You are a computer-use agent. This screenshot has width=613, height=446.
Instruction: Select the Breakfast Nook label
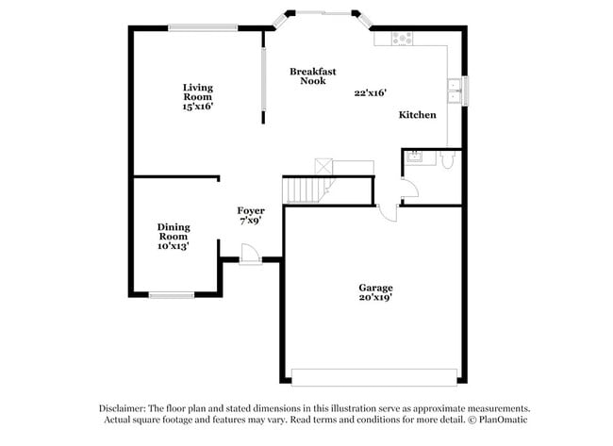point(313,76)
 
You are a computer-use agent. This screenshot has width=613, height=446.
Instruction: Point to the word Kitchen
point(418,115)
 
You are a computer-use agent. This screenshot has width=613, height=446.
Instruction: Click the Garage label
point(375,288)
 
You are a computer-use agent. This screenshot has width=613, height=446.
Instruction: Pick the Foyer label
point(250,210)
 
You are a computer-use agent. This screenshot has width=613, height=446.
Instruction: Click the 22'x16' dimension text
point(371,93)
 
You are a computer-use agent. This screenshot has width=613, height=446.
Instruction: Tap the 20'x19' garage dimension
point(375,297)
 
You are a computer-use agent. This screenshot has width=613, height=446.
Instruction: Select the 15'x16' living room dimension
point(198,107)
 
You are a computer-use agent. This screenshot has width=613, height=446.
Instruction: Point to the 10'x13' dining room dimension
point(174,246)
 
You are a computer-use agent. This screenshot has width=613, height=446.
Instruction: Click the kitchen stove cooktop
point(403,38)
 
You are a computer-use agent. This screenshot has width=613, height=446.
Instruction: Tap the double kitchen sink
point(455,91)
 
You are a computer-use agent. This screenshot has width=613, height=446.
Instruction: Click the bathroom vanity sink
point(415,157)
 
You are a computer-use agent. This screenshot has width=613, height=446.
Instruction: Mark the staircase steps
point(304,189)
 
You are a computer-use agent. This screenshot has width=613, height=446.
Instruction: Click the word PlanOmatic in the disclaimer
point(505,420)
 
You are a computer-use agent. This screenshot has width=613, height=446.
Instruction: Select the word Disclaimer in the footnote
point(124,408)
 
